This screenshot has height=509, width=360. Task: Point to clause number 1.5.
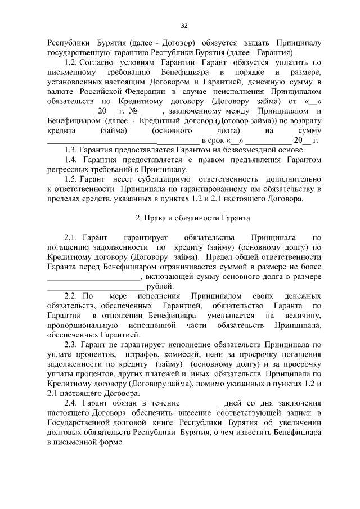71,179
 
